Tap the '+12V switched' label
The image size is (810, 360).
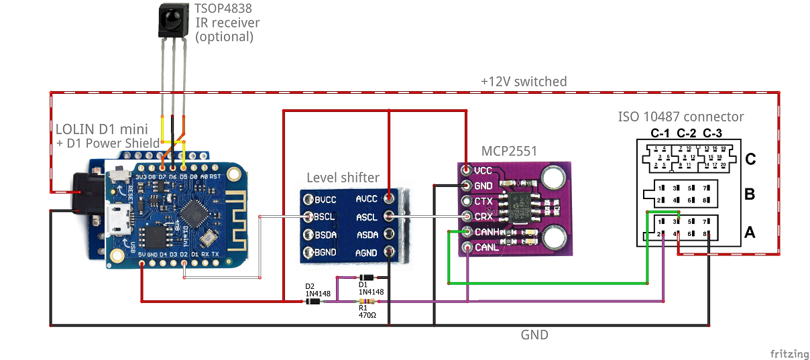[x=524, y=81]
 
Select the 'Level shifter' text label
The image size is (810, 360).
[x=343, y=178]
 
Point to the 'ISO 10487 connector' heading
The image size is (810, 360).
[x=681, y=117]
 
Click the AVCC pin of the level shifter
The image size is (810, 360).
[x=389, y=199]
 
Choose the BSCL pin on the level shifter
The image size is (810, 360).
[x=309, y=217]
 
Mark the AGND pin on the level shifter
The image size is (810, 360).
[x=389, y=253]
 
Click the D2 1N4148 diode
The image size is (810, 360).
[x=312, y=302]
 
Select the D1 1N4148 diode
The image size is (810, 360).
[x=366, y=278]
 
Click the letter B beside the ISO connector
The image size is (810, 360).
[x=750, y=195]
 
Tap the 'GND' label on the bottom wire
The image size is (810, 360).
[x=534, y=335]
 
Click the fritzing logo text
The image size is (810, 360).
[x=787, y=353]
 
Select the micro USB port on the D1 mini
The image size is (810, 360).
[x=118, y=218]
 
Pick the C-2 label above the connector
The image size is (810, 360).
[x=687, y=132]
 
